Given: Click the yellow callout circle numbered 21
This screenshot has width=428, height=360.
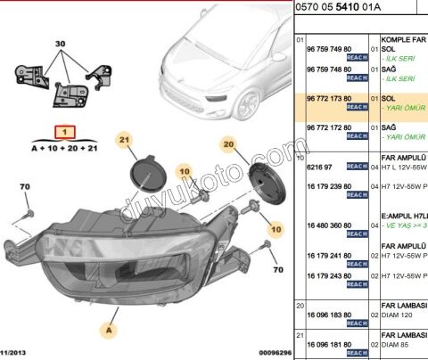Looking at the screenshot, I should pos(126,139).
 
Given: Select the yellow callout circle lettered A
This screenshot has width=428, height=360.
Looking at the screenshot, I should pos(110,330).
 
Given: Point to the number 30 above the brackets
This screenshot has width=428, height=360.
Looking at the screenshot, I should pos(61,44).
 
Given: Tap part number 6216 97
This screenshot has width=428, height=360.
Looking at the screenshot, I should pos(319,166).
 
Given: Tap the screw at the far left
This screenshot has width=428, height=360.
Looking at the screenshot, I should pos(29,215).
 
